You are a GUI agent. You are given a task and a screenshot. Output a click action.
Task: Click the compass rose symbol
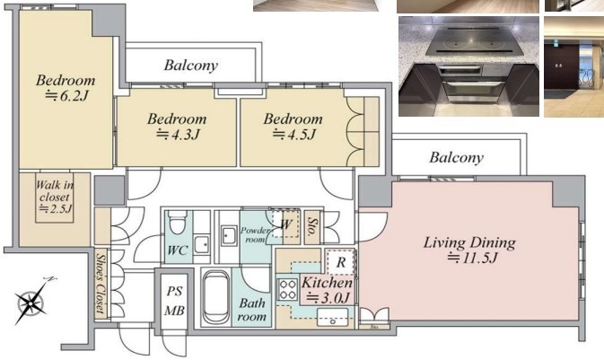(x=31, y=302)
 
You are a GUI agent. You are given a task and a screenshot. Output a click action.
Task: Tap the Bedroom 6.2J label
(x=66, y=87)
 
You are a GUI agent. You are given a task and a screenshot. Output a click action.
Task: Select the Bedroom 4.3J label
(x=177, y=126)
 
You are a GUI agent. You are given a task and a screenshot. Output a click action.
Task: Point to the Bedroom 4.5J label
(x=293, y=126)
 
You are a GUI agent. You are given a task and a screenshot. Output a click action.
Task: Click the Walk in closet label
(x=55, y=197)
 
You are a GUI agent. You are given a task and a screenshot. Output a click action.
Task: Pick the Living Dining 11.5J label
(x=469, y=250)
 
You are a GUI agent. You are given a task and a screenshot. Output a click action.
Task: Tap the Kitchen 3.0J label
(x=327, y=289)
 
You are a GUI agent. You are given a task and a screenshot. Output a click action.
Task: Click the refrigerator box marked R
(x=340, y=262)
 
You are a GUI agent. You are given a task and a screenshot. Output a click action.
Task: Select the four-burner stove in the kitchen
(x=287, y=289)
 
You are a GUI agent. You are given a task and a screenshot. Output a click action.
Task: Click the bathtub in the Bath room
(x=216, y=297)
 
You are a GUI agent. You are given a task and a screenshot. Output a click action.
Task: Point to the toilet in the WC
(x=178, y=222)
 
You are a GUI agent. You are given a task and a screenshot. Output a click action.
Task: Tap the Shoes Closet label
(x=101, y=284)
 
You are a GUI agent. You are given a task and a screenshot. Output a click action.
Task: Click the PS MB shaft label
(x=174, y=301)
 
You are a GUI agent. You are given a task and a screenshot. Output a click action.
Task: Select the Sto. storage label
(x=311, y=226)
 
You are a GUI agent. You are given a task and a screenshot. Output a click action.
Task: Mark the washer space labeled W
(x=285, y=224)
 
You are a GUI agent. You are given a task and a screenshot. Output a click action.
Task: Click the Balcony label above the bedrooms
(x=191, y=66)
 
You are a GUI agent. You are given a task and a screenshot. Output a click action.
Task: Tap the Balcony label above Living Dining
(x=457, y=158)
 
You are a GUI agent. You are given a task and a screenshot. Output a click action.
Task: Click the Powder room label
(x=255, y=234)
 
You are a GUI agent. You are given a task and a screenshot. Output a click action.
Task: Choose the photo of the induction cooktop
(x=468, y=66)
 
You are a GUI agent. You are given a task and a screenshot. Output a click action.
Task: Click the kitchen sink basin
(x=332, y=317)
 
